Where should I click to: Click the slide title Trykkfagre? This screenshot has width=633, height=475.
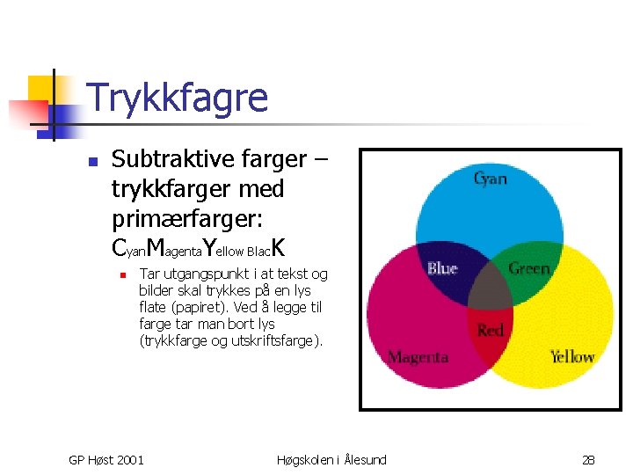click(x=178, y=98)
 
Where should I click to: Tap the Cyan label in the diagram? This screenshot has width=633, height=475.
click(x=490, y=179)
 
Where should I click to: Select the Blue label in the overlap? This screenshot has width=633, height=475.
click(x=442, y=268)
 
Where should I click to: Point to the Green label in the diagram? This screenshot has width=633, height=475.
click(x=528, y=268)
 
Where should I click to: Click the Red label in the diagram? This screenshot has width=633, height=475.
click(x=490, y=331)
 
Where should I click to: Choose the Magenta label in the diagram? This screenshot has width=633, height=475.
click(x=418, y=357)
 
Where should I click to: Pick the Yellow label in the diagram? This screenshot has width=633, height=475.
click(x=571, y=356)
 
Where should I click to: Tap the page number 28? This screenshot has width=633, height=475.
click(x=589, y=459)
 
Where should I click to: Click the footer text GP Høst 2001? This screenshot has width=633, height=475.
click(x=106, y=459)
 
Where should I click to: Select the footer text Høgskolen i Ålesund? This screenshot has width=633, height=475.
click(x=331, y=459)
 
